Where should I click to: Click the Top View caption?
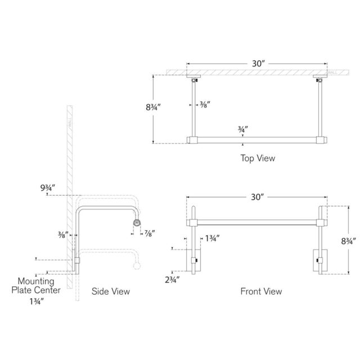tap(258, 159)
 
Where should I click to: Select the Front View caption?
tap(261, 291)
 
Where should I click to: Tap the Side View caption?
tap(111, 291)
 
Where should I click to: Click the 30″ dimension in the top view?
tap(258, 64)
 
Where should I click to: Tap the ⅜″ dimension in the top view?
tap(205, 104)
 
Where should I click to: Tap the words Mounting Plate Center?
tap(35, 285)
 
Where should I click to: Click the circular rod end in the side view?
tap(136, 223)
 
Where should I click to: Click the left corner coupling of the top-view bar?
tap(192, 139)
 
